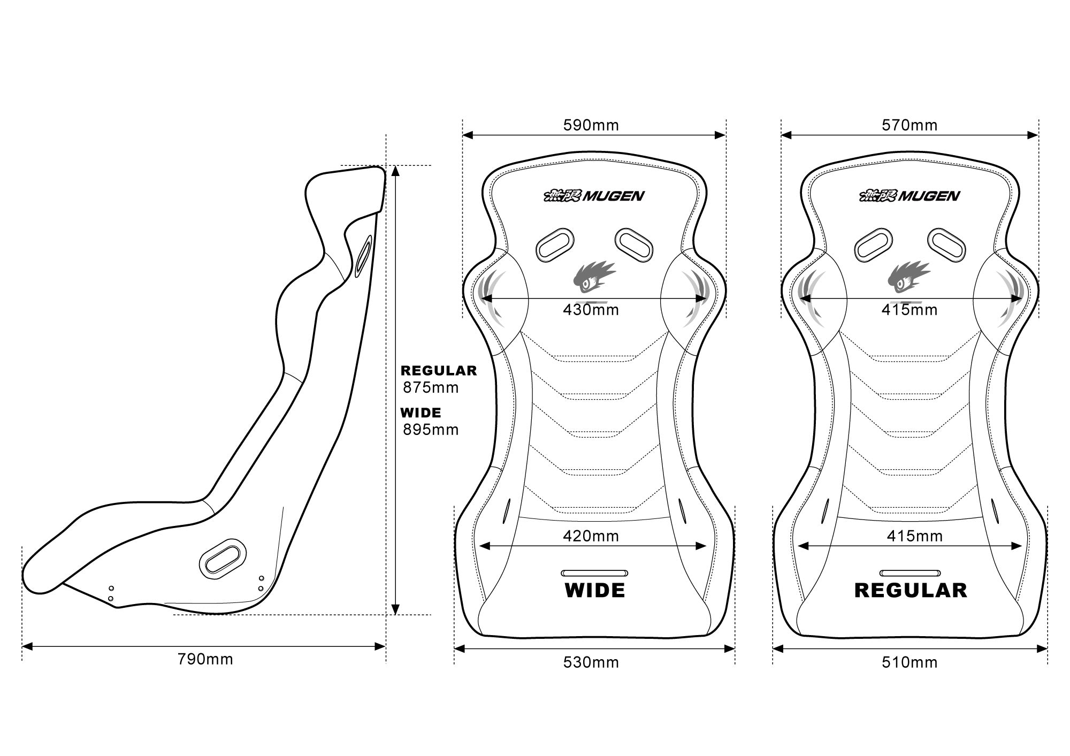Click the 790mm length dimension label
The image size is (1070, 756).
[x=205, y=659]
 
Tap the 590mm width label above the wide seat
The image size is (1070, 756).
[x=591, y=125]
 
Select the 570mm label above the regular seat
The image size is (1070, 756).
[x=909, y=125]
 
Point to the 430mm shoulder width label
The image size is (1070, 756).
[x=591, y=310]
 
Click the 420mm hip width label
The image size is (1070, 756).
[x=591, y=536]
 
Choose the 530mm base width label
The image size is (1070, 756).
[x=591, y=662]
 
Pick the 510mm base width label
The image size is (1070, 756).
[x=909, y=662]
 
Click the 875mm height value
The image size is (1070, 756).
[x=431, y=387]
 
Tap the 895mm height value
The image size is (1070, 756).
[x=431, y=430]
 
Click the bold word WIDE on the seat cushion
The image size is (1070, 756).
[x=595, y=591]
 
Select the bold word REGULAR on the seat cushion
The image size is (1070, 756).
[x=911, y=591]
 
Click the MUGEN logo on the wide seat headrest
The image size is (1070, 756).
[x=594, y=196]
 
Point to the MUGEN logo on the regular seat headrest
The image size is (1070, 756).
[x=909, y=196]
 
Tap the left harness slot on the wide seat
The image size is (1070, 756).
[x=554, y=245]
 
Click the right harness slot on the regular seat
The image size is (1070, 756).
[x=947, y=245]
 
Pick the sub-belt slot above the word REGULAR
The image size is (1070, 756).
[x=909, y=573]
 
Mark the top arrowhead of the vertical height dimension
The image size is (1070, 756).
[x=395, y=171]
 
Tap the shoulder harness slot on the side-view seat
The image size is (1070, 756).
[x=364, y=254]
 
